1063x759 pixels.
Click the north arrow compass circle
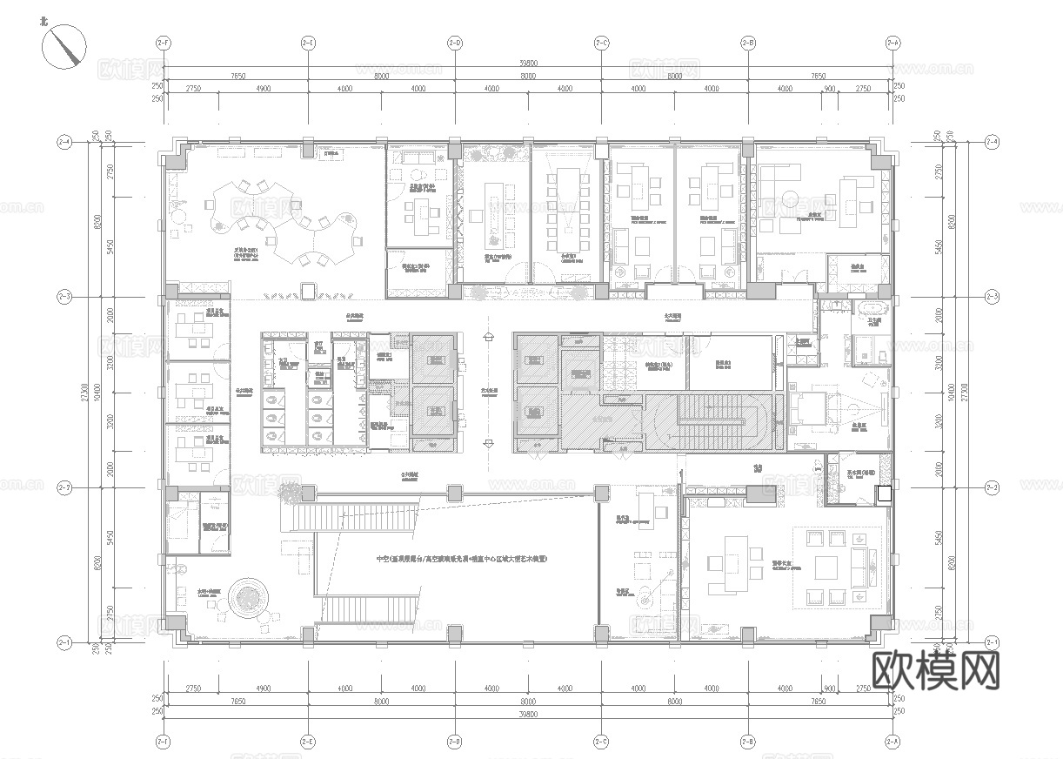pos(66,45)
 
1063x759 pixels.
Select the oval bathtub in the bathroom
pos(869,308)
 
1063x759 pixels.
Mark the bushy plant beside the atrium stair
pos(288,494)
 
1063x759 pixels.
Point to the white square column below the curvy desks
pos(307,290)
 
